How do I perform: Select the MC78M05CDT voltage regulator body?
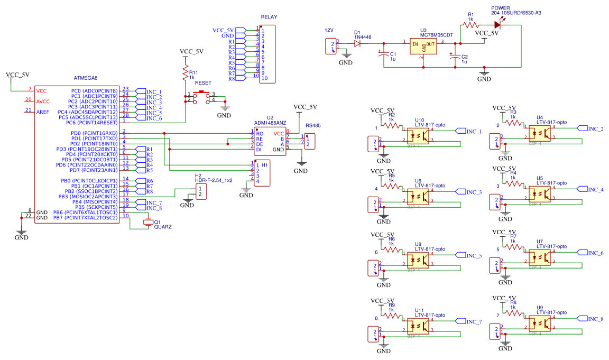(x=425, y=46)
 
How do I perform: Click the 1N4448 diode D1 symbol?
(x=357, y=43)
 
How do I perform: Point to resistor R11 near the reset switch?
(x=185, y=72)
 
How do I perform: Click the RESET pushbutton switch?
(x=201, y=96)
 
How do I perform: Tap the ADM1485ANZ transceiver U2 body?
(x=270, y=142)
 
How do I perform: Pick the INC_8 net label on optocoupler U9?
(x=595, y=319)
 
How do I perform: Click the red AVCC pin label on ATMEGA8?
(x=43, y=101)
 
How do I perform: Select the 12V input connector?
(x=330, y=46)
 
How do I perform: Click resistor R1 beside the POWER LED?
(x=470, y=24)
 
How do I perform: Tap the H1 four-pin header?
(x=262, y=173)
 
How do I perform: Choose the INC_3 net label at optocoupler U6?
(x=473, y=192)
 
